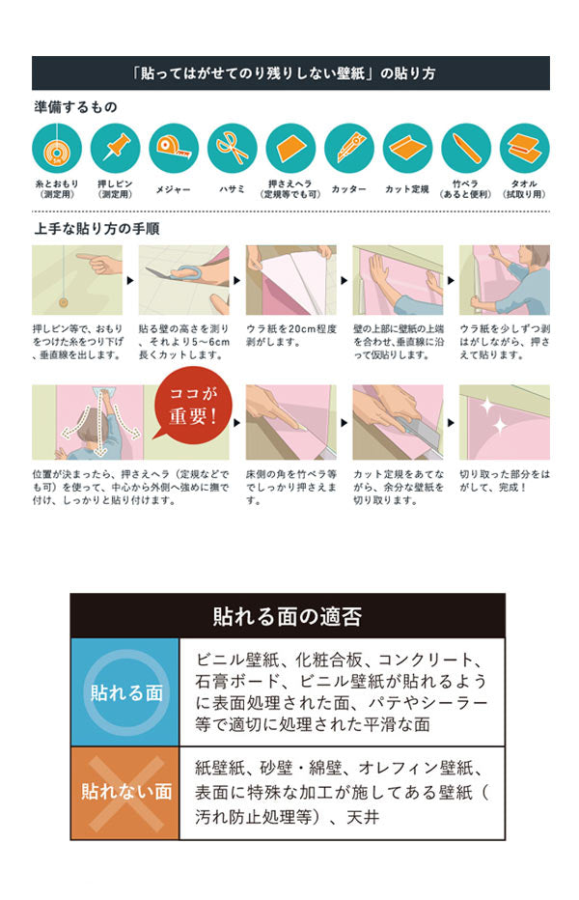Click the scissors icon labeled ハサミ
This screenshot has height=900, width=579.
pyautogui.click(x=233, y=149)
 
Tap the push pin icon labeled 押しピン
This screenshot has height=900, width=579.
pyautogui.click(x=116, y=149)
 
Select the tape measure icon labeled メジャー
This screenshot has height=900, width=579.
pyautogui.click(x=175, y=149)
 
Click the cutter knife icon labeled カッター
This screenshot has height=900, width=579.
pyautogui.click(x=349, y=149)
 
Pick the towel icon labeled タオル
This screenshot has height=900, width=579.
pyautogui.click(x=525, y=149)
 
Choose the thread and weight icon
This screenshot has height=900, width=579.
pyautogui.click(x=57, y=149)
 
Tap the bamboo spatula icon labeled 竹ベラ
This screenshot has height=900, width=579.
pyautogui.click(x=466, y=149)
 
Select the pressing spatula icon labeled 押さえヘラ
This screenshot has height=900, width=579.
pyautogui.click(x=291, y=149)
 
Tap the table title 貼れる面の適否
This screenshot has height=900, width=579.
pyautogui.click(x=287, y=616)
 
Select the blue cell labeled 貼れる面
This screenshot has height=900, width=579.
pyautogui.click(x=124, y=692)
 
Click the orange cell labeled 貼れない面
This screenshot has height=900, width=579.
pyautogui.click(x=124, y=792)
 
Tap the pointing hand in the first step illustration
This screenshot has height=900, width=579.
pyautogui.click(x=97, y=262)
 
